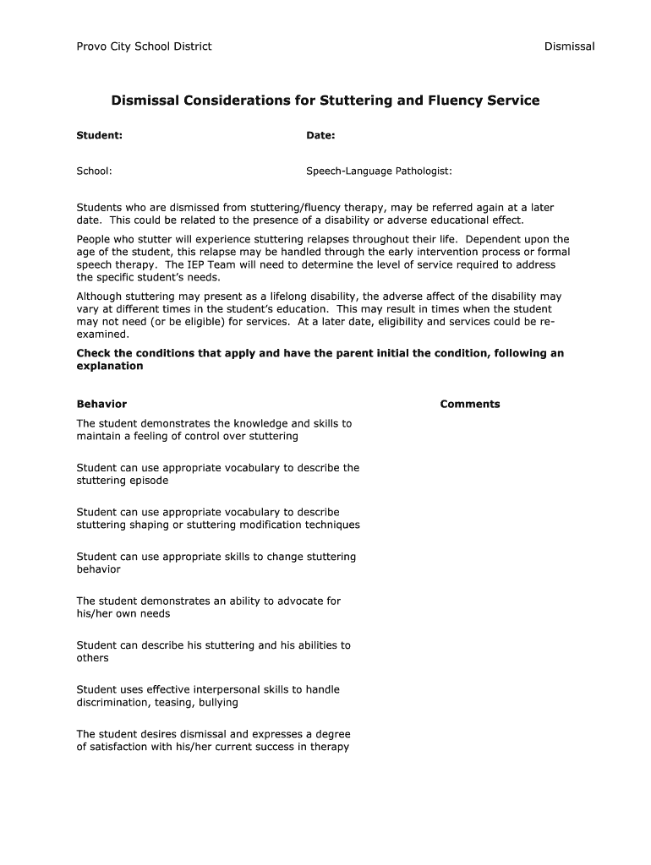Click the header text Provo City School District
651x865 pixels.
pos(144,46)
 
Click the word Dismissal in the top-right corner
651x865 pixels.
pos(569,46)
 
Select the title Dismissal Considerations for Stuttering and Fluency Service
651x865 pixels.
pos(325,101)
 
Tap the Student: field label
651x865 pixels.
pos(100,135)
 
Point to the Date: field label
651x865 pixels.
pos(320,135)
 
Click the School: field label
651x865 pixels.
pos(94,171)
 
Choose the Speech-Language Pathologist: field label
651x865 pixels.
pos(379,171)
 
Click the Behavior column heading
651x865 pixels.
pos(101,404)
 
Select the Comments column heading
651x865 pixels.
pos(469,404)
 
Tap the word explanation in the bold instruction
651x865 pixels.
pos(110,367)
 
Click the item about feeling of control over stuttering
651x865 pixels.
pos(214,430)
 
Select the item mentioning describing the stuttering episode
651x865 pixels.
pos(217,474)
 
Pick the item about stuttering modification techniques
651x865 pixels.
pos(218,519)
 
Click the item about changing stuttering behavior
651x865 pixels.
pos(216,563)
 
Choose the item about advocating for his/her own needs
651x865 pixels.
pos(208,607)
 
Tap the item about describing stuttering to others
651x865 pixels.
pos(213,651)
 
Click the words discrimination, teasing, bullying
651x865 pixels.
pos(157,703)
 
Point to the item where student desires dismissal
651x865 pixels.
pos(213,740)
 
